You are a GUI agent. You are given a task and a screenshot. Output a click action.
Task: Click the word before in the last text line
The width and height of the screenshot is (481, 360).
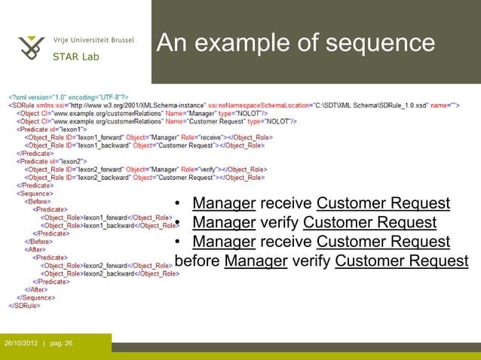(x=198, y=261)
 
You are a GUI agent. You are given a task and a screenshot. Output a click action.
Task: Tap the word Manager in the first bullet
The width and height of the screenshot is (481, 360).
(x=224, y=203)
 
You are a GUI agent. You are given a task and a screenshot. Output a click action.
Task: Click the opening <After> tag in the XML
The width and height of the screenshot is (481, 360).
(x=35, y=249)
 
